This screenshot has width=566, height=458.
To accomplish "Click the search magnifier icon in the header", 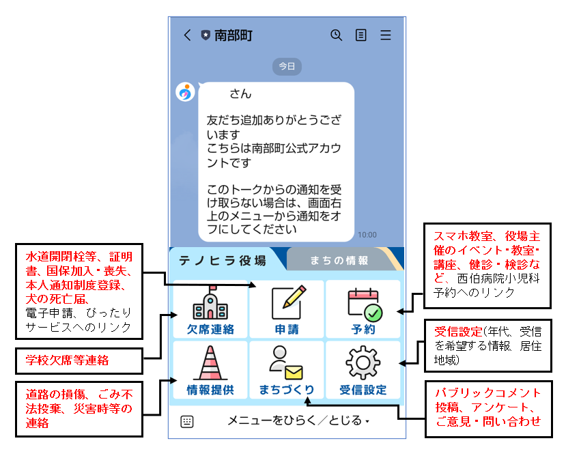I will point(336,35).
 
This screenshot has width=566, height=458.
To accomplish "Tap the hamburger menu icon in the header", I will point(386,35).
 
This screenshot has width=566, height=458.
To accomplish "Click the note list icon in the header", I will point(361,35).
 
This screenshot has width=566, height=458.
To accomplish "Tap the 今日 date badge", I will point(287,66).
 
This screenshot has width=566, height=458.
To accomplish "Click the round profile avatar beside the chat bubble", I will point(185,92).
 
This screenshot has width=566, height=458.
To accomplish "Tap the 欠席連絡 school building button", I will point(210,309).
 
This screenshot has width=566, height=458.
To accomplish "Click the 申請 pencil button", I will point(287,309).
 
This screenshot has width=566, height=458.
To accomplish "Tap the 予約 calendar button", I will point(363,309).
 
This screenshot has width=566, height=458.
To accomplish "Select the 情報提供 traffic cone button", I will point(210,370).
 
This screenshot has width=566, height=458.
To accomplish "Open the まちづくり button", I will point(287,370).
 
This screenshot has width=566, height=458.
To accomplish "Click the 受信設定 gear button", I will point(363,370).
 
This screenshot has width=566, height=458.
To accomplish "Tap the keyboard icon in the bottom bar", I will point(187,422).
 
